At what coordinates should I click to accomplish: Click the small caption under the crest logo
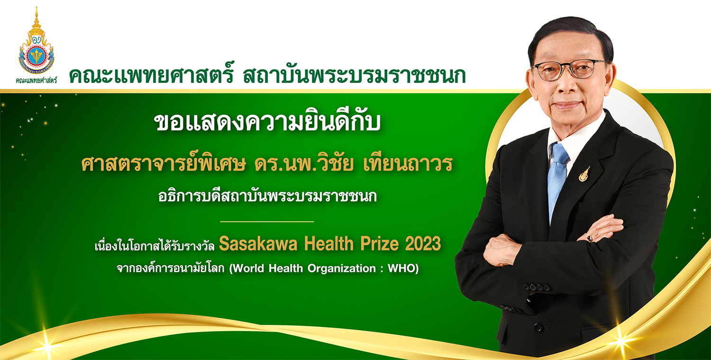point(36,80)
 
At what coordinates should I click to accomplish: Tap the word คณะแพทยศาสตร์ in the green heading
point(151,75)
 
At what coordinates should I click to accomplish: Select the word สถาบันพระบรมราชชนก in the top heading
point(355,75)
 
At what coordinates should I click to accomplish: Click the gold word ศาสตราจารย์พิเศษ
point(164,164)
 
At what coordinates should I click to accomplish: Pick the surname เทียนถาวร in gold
point(408,164)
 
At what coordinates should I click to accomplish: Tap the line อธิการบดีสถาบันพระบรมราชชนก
point(267,196)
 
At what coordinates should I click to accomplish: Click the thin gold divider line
point(267,222)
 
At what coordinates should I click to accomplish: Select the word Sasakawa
point(258,244)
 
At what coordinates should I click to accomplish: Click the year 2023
point(423,244)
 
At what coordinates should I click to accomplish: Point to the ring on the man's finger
point(590,238)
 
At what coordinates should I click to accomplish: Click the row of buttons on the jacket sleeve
point(537,287)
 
